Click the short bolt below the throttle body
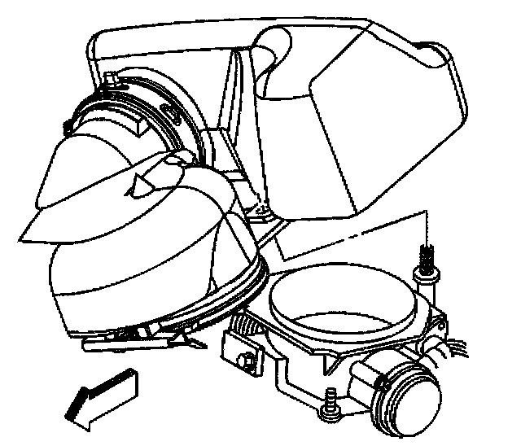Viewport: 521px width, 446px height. click(331, 400)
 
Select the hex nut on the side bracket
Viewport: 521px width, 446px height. click(242, 359)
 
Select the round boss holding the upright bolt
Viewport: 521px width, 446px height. click(424, 278)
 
